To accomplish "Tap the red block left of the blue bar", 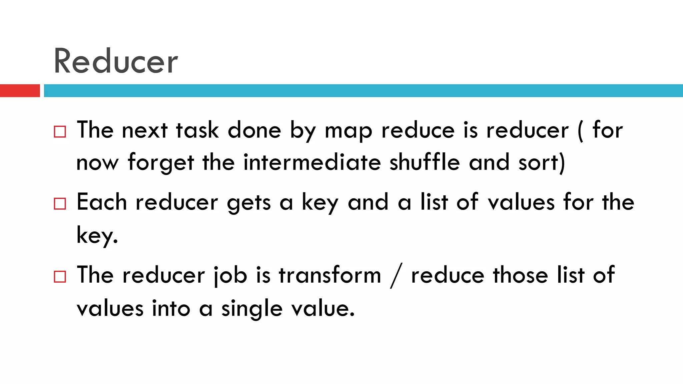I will click(20, 91).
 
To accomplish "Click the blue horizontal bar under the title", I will click(363, 91).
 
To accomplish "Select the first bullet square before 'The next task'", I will click(60, 132).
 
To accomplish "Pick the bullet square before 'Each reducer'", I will click(60, 203).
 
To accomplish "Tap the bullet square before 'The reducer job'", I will click(60, 276).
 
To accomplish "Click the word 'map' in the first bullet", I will click(348, 131).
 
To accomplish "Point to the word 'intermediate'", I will click(312, 163).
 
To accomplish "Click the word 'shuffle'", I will click(425, 163).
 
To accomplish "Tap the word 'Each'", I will click(102, 202).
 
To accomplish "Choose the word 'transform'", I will click(330, 275).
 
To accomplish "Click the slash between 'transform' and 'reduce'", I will click(396, 275).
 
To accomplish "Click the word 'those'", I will click(521, 275).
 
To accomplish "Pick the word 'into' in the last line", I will click(171, 308).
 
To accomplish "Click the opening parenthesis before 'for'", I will click(581, 131).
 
